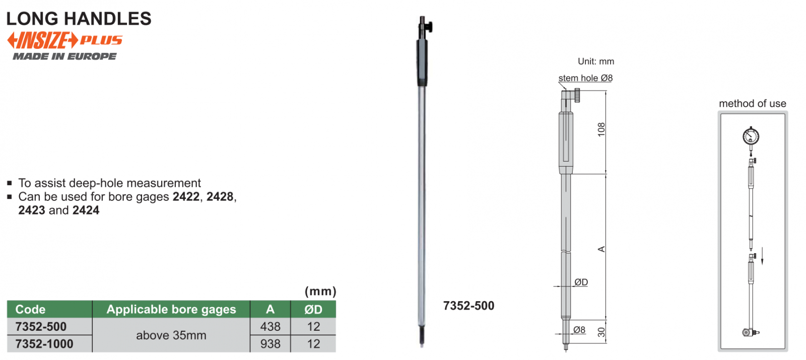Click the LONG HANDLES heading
click(x=79, y=19)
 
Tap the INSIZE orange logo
click(x=42, y=40)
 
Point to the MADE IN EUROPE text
click(x=65, y=56)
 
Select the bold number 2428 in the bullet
click(x=220, y=197)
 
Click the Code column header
click(x=31, y=309)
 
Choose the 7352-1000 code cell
click(x=44, y=344)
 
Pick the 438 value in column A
click(x=270, y=327)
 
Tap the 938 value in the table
click(x=270, y=344)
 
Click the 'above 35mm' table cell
click(x=171, y=335)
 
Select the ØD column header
click(x=313, y=309)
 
